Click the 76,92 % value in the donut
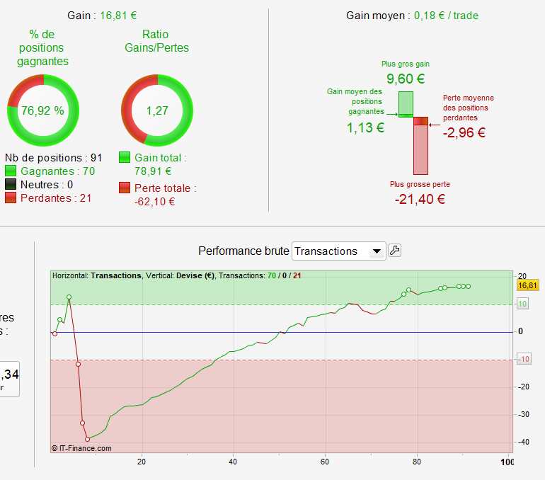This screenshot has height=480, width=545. pyautogui.click(x=42, y=110)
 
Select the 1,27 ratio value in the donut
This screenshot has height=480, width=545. pyautogui.click(x=155, y=110)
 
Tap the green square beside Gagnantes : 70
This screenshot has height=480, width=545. pyautogui.click(x=11, y=171)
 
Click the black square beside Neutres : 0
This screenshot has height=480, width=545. pyautogui.click(x=11, y=185)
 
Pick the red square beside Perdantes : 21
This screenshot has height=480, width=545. pyautogui.click(x=11, y=198)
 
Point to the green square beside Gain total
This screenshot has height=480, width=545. pyautogui.click(x=125, y=158)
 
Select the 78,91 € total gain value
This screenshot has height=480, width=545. pyautogui.click(x=153, y=171)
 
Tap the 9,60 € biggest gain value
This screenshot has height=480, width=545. pyautogui.click(x=406, y=79)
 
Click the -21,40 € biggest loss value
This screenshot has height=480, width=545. pyautogui.click(x=420, y=199)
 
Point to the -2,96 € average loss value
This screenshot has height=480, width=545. pyautogui.click(x=464, y=132)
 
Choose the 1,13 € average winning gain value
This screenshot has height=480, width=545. pyautogui.click(x=365, y=127)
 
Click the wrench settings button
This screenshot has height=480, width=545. pyautogui.click(x=395, y=250)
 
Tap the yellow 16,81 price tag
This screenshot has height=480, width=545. pyautogui.click(x=528, y=285)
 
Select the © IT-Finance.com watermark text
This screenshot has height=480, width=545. pyautogui.click(x=81, y=447)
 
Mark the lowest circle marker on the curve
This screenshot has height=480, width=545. pyautogui.click(x=87, y=439)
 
